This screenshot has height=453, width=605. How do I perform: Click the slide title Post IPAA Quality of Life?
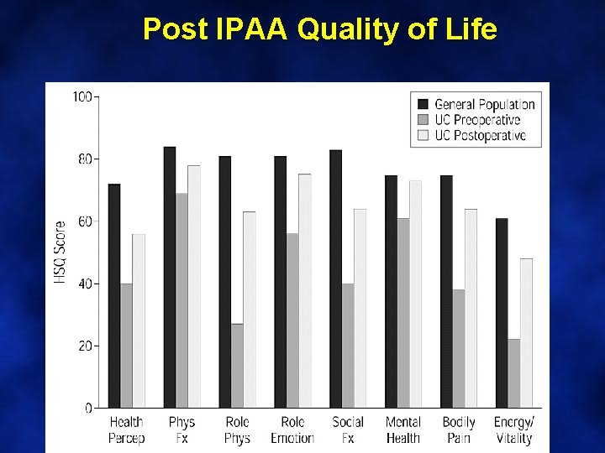coord(319,29)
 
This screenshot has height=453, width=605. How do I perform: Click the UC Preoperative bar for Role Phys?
coord(237,366)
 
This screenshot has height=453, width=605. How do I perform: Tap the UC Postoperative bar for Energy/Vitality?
coord(526,333)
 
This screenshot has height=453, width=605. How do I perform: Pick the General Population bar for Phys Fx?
coord(170,277)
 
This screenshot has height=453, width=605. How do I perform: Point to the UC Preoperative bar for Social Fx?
coord(348,346)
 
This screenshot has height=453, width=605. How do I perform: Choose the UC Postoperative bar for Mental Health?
coord(415,294)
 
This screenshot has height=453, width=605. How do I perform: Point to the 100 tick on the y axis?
coord(82,96)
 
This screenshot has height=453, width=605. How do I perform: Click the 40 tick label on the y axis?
coord(85,284)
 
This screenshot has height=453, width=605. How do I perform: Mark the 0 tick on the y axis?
coord(89,408)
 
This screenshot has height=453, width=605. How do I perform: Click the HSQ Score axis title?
coord(60,252)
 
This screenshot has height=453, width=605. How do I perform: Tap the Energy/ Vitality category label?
coord(513,430)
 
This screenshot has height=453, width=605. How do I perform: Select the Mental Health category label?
coord(402,430)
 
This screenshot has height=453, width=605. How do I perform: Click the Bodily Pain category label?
coord(459,430)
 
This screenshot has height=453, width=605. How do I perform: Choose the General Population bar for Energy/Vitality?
coord(502,313)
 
